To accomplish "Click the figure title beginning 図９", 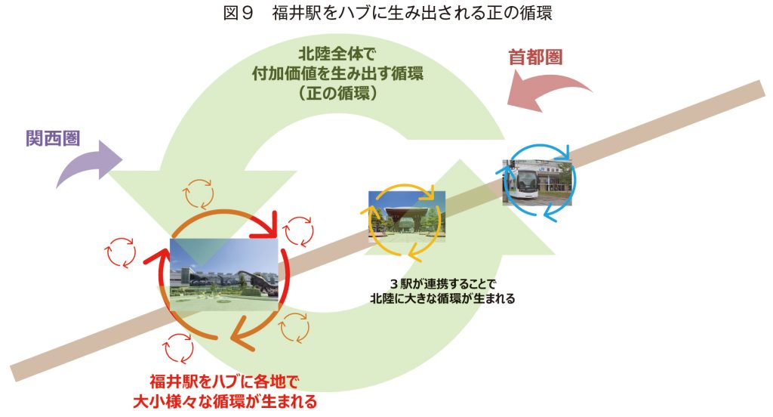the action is [387, 13].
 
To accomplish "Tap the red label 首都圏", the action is [535, 57].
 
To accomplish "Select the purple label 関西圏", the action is [54, 139].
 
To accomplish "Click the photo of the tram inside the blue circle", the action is [537, 181].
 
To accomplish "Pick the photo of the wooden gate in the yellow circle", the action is [407, 216].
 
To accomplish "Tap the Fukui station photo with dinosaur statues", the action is [224, 274].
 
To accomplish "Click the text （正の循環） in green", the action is [337, 93].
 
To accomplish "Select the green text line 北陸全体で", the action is [337, 54].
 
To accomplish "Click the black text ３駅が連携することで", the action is [442, 284].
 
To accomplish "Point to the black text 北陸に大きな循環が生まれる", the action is [442, 298].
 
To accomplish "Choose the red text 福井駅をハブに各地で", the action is [224, 381].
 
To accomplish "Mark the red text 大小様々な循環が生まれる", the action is [224, 401].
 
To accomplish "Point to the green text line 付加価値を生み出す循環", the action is [337, 73].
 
